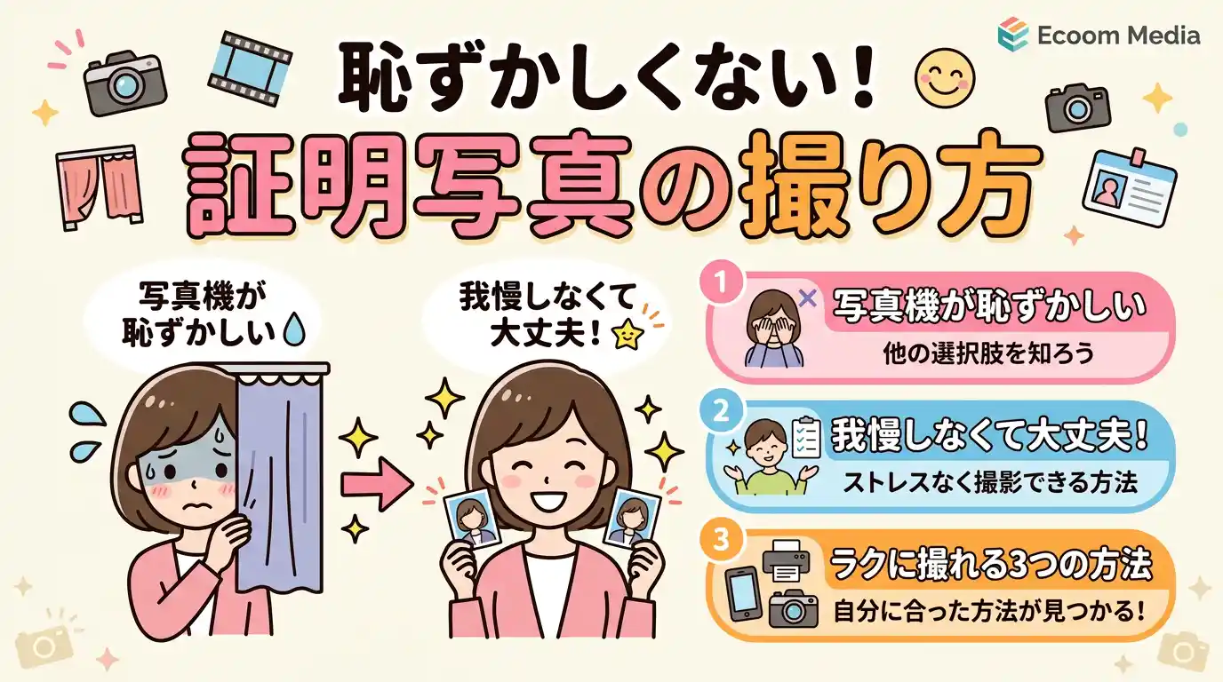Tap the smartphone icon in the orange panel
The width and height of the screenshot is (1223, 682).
(x=743, y=593)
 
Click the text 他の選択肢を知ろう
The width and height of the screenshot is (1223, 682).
(x=987, y=353)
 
